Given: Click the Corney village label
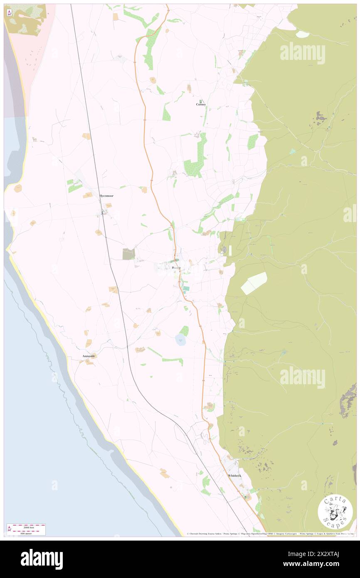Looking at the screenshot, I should (x=201, y=104).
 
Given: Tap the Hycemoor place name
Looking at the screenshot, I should (x=106, y=195).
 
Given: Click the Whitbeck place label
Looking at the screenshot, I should (x=234, y=475).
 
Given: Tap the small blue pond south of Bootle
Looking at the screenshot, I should (x=180, y=340).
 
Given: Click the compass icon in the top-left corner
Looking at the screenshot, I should (x=9, y=13).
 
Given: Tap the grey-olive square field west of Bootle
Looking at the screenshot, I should (x=128, y=254).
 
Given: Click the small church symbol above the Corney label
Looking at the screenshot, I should (x=201, y=101).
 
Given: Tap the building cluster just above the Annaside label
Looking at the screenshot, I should (x=89, y=362).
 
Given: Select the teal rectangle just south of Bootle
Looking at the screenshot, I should (x=186, y=288).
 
